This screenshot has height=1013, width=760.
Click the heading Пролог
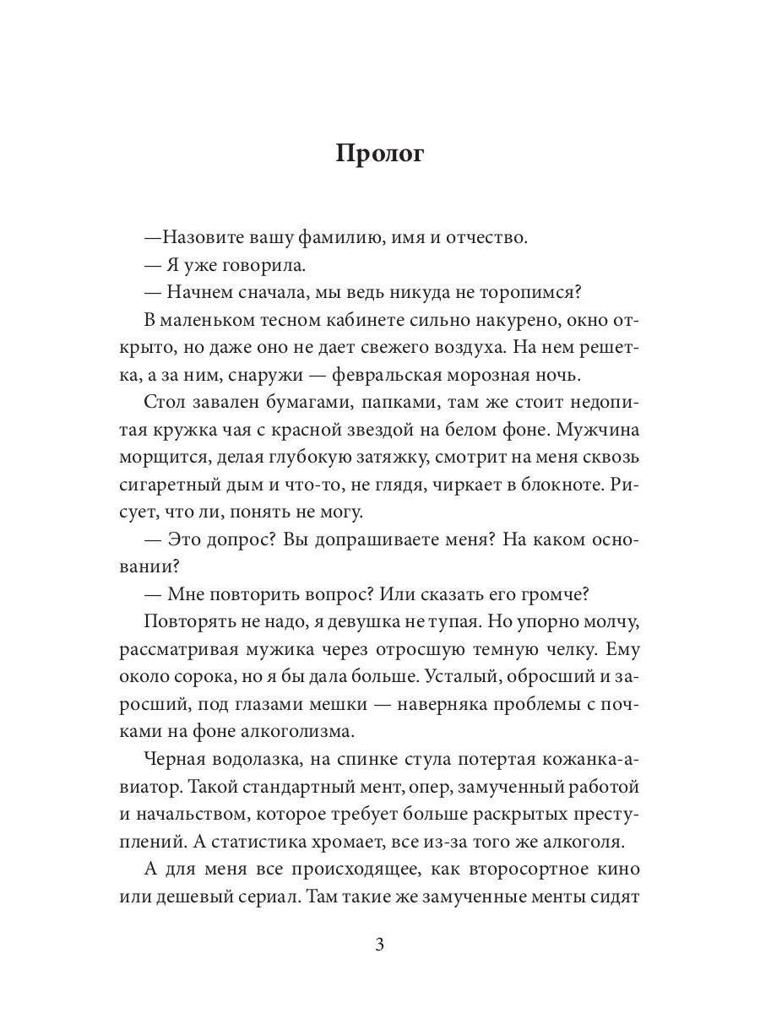click(x=379, y=154)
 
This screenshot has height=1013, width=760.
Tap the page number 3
click(x=379, y=945)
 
